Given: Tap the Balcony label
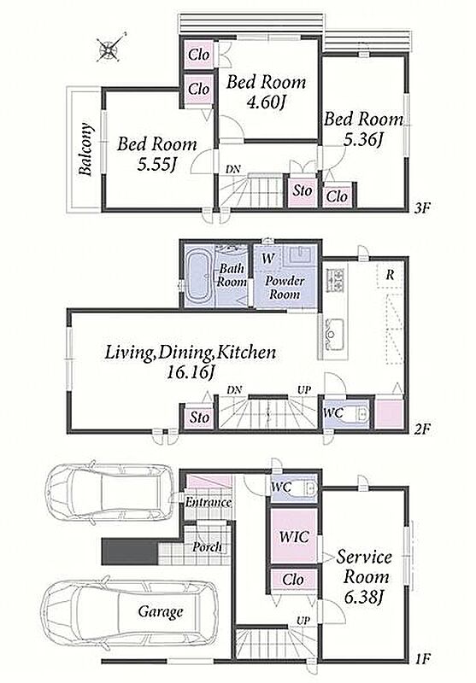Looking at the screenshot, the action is [85, 149].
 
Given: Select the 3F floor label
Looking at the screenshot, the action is [422, 207].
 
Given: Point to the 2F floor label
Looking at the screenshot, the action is [422, 429].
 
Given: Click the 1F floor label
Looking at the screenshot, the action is [422, 658].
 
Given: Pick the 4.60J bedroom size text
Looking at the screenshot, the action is [266, 102].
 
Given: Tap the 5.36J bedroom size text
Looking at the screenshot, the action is [362, 139].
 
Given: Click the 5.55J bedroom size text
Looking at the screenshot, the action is [156, 164].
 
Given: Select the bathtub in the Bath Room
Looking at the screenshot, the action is [199, 277].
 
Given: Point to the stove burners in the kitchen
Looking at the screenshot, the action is [335, 280].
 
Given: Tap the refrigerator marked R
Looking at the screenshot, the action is [391, 275].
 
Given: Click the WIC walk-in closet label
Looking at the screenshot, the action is [294, 536].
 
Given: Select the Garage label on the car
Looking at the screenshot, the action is [161, 611].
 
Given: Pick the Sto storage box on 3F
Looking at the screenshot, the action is [302, 190].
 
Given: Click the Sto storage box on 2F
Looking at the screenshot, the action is [200, 417].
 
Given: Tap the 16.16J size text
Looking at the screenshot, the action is [190, 373].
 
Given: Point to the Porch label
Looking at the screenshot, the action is [207, 546].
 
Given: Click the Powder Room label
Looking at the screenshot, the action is [285, 287].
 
